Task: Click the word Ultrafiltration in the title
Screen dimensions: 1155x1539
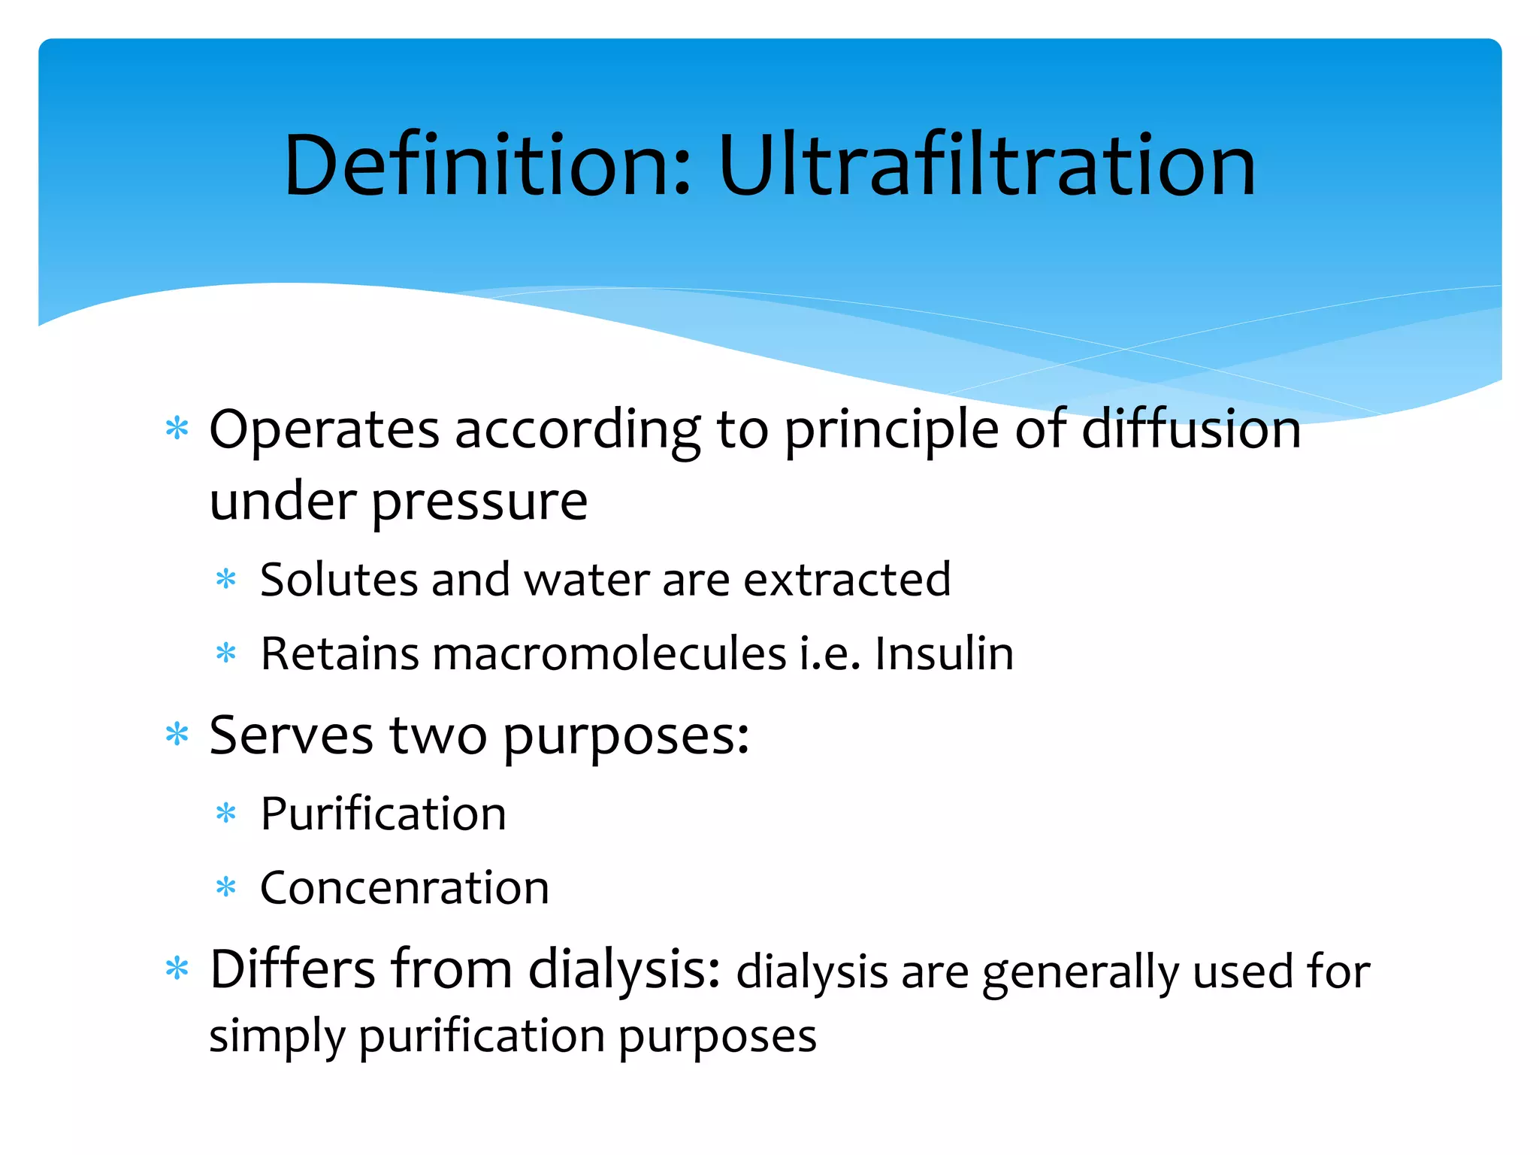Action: [x=986, y=165]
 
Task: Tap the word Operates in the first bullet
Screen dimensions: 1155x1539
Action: [x=323, y=430]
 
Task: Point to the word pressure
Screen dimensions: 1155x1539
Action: [x=479, y=502]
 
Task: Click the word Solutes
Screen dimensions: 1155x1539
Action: [x=338, y=580]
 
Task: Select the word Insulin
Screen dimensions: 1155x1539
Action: [x=944, y=653]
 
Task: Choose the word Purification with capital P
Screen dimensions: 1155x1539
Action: [x=383, y=814]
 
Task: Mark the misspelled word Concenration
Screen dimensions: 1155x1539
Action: [x=404, y=888]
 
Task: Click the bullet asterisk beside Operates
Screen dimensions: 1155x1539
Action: [x=177, y=429]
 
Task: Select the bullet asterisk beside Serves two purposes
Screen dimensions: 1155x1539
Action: [x=177, y=734]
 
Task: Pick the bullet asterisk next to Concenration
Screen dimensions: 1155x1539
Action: [x=225, y=888]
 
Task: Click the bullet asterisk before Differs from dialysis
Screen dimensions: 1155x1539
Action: [x=177, y=969]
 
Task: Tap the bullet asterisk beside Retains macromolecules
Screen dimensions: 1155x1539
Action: [x=225, y=653]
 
